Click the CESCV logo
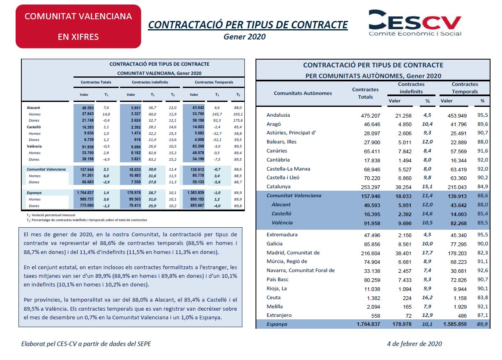point(415,23)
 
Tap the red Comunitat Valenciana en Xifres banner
point(78,26)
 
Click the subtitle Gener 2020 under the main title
point(244,37)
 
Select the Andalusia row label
point(278,115)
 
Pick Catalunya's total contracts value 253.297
point(371,187)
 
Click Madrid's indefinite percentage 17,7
point(427,253)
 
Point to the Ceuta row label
point(274,298)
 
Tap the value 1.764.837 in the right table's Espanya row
point(368,324)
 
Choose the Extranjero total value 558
point(375,316)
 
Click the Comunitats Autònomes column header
point(303,93)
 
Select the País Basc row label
point(277,279)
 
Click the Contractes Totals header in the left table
point(96,82)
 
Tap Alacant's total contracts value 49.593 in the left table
point(88,108)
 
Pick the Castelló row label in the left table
point(34,127)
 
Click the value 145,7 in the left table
point(217,114)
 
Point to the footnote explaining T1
point(51,215)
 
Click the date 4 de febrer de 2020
point(414,344)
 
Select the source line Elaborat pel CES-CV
point(86,344)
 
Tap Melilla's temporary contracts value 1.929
point(460,307)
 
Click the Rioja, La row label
point(276,288)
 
